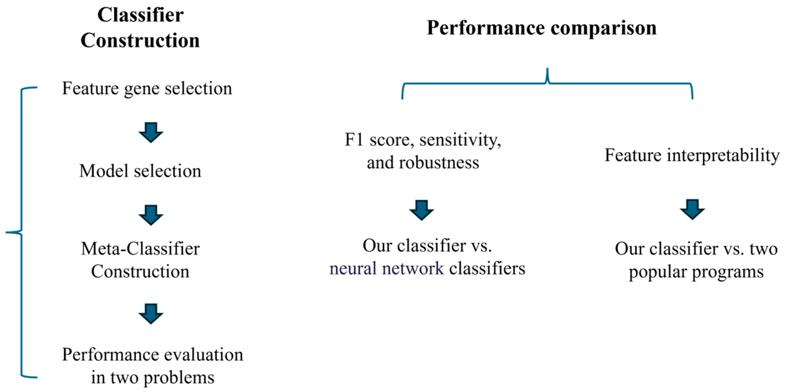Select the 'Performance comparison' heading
coord(542,28)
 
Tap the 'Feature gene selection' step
coord(147,88)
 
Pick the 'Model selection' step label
coord(140,171)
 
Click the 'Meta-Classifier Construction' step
coord(140,260)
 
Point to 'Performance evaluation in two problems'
coord(152,366)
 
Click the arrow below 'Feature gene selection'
coord(151,132)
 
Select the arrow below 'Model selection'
coord(151,215)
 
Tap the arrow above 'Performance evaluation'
coord(151,313)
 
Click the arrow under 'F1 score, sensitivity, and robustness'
coord(421,210)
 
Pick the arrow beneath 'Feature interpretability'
coord(692,209)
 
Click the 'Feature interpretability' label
coord(692,155)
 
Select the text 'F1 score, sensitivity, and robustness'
coord(423,151)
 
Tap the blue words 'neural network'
coord(386,268)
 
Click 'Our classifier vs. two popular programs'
coord(696,260)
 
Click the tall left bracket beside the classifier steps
coord(21,233)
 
